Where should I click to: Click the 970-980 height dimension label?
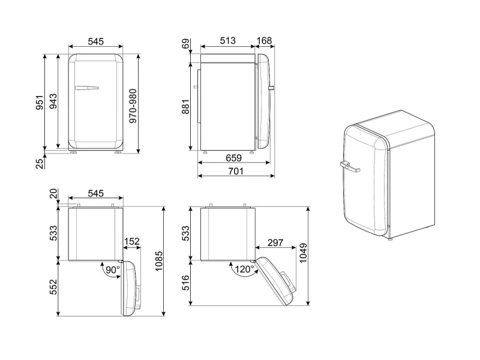pyautogui.click(x=133, y=106)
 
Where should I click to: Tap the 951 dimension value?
pyautogui.click(x=40, y=102)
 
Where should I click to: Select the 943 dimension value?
pyautogui.click(x=53, y=101)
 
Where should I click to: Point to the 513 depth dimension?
pyautogui.click(x=227, y=40)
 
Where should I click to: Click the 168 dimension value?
pyautogui.click(x=264, y=40)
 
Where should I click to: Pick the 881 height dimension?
pyautogui.click(x=185, y=106)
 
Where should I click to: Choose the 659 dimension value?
pyautogui.click(x=233, y=158)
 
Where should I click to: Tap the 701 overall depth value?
pyautogui.click(x=236, y=171)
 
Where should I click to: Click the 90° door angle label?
pyautogui.click(x=113, y=269)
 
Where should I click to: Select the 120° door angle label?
pyautogui.click(x=244, y=269)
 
